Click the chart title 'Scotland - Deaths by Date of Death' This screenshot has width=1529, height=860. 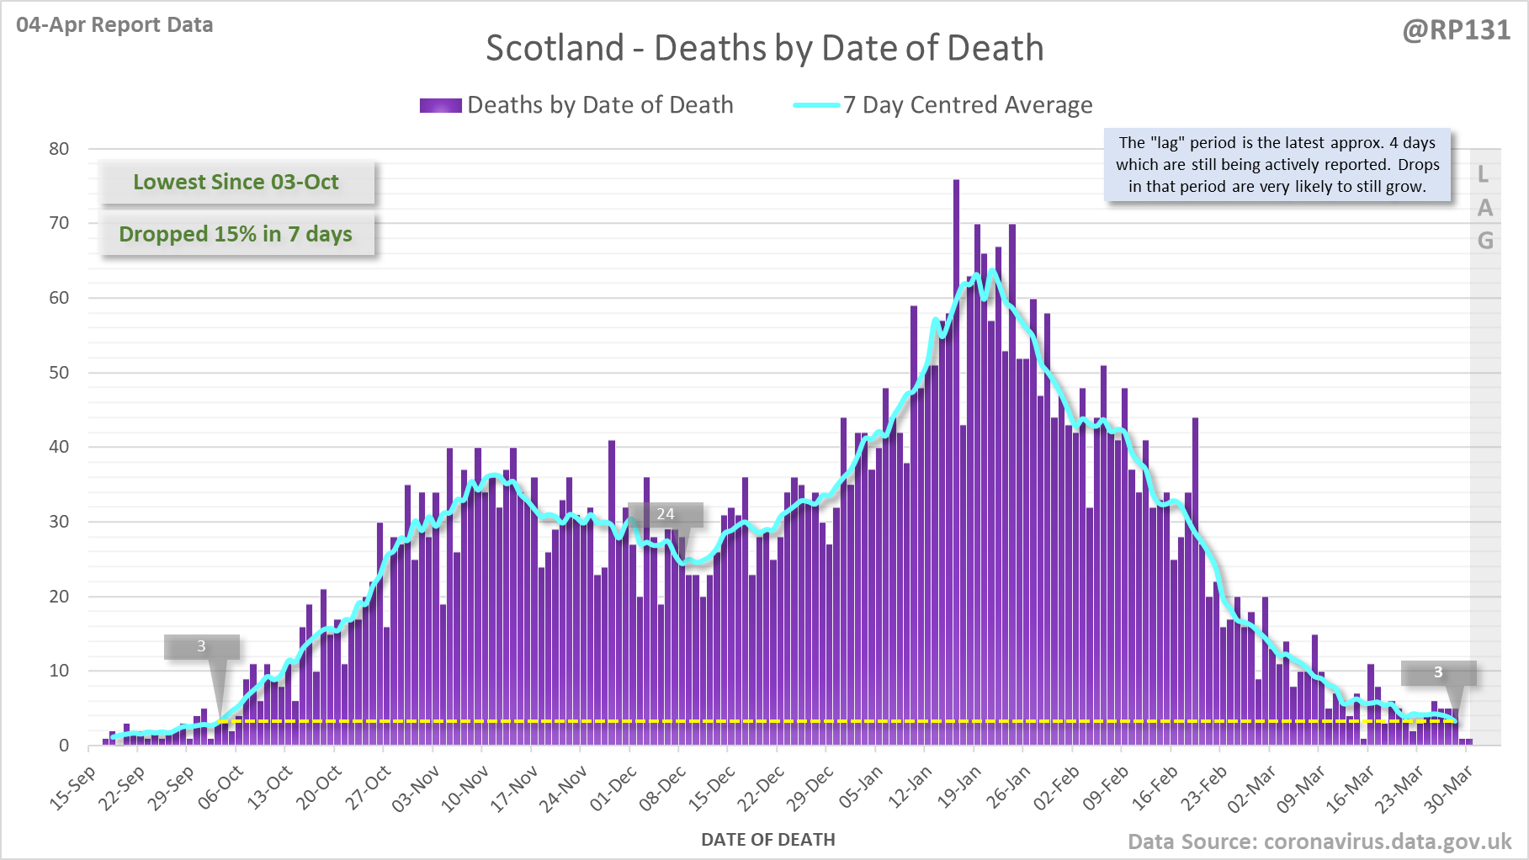click(764, 48)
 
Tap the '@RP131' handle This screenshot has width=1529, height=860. click(1456, 30)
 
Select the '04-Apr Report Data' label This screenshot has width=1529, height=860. click(114, 24)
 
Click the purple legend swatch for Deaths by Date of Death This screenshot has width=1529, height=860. click(440, 105)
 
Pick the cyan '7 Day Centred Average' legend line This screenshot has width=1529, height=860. click(816, 105)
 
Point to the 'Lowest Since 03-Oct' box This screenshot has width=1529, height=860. click(236, 182)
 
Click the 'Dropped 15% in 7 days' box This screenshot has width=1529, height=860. click(236, 234)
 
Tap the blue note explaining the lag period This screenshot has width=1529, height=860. click(1277, 165)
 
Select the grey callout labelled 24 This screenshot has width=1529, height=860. click(666, 514)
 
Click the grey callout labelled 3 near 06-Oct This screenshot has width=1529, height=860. click(201, 646)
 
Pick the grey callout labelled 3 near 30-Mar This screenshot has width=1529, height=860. click(1438, 672)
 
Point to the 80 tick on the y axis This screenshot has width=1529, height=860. click(59, 149)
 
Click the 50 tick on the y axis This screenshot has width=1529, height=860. click(59, 373)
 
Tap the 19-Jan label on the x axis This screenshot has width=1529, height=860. click(960, 788)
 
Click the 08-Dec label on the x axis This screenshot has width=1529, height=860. click(663, 788)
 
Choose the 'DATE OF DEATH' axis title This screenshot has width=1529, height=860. click(767, 840)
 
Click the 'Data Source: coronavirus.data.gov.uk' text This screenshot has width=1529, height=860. click(1319, 841)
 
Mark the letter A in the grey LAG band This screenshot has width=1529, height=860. click(1485, 208)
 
